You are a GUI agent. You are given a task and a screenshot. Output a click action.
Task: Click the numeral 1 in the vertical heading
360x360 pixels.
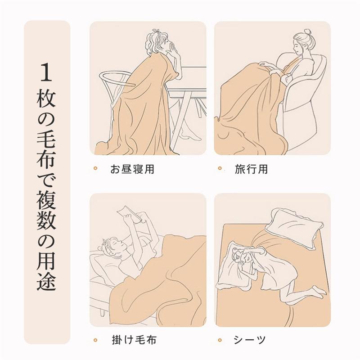tap(47, 72)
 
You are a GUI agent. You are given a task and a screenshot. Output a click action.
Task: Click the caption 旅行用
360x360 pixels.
tap(251, 170)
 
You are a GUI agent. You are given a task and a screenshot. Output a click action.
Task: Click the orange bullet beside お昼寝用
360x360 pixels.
tap(95, 169)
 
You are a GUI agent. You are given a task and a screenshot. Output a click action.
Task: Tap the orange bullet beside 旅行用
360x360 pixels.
tap(220, 169)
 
